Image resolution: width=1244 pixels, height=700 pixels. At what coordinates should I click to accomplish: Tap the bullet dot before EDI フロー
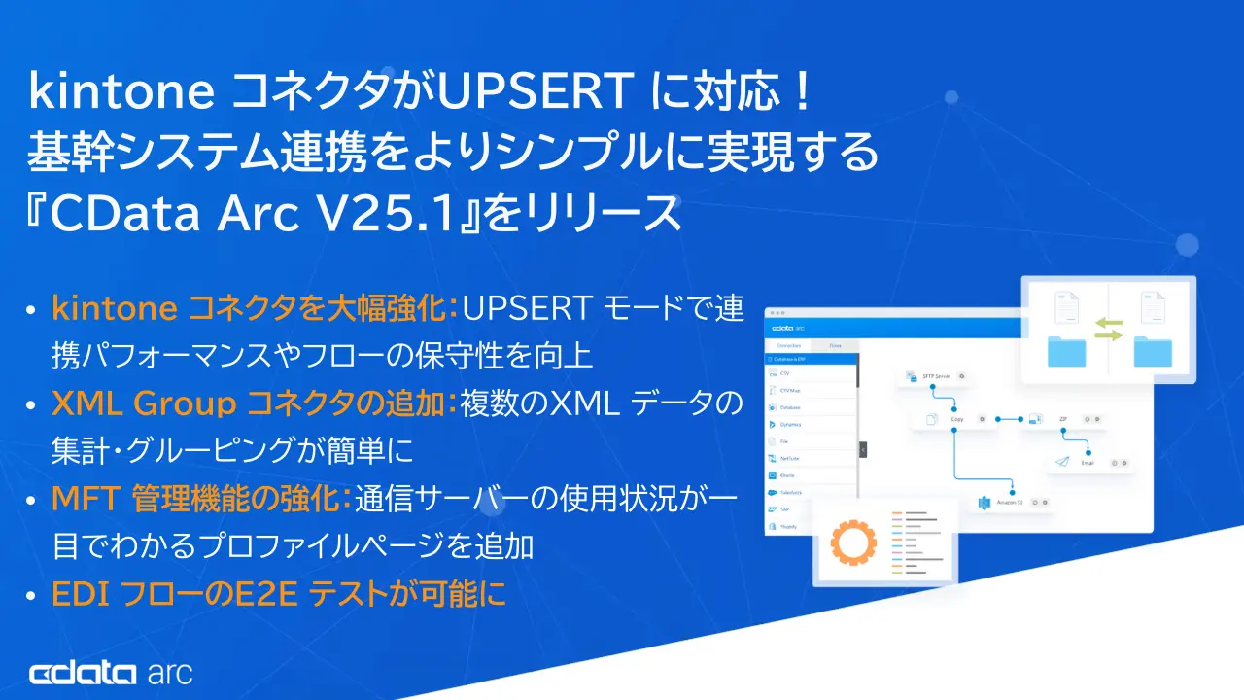(32, 594)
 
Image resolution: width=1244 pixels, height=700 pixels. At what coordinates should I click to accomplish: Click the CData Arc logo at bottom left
(111, 673)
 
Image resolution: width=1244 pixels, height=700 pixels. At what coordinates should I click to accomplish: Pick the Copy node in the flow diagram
(954, 419)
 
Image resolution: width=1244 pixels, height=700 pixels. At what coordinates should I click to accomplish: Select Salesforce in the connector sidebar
(790, 492)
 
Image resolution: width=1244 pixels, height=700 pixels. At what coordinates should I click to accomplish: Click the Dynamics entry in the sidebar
(789, 425)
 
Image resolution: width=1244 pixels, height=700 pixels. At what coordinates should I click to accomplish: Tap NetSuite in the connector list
(789, 458)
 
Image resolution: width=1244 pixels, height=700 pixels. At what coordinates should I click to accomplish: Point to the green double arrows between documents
(1108, 328)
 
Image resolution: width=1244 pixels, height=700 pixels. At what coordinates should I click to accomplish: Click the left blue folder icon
(1067, 351)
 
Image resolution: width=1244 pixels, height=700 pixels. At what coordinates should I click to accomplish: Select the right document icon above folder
(1152, 307)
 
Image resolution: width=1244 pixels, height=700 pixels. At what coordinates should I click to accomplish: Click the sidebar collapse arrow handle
(862, 449)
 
